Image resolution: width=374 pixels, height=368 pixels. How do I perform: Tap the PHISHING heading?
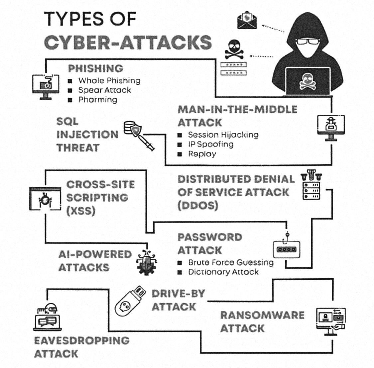[x=95, y=68]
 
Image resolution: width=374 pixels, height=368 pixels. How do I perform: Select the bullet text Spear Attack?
[x=104, y=90]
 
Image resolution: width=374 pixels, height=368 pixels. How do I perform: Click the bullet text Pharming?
[x=97, y=100]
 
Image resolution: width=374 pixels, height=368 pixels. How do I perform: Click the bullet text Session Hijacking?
[x=223, y=135]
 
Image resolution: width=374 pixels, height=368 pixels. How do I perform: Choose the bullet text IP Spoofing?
[x=210, y=144]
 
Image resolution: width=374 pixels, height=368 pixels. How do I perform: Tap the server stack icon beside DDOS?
[x=312, y=186]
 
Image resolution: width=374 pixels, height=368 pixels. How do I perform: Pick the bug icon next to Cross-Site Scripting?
[x=45, y=200]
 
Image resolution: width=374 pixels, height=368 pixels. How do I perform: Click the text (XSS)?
[x=81, y=211]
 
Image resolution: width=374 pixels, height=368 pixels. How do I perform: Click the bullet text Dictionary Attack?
[x=223, y=272]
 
